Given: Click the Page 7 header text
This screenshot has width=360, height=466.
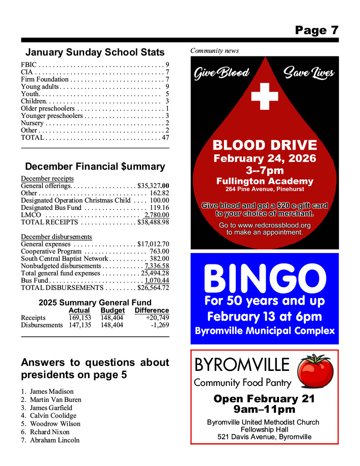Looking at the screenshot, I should pyautogui.click(x=316, y=30).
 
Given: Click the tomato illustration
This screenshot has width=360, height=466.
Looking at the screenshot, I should pyautogui.click(x=315, y=370).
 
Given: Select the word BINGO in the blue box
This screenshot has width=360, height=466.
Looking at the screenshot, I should pyautogui.click(x=264, y=278).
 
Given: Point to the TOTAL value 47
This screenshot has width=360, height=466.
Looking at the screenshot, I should pyautogui.click(x=165, y=137).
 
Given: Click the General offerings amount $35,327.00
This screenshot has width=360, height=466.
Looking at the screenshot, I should pyautogui.click(x=153, y=186).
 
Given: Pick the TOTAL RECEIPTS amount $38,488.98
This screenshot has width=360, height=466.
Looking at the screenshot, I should pyautogui.click(x=153, y=222).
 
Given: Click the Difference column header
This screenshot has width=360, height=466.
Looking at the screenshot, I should pyautogui.click(x=152, y=310).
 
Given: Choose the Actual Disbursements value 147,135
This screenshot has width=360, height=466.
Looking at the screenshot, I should pyautogui.click(x=80, y=325).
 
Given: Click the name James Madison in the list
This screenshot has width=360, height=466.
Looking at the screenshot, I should pyautogui.click(x=51, y=391).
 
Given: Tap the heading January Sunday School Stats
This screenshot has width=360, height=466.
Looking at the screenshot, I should pyautogui.click(x=95, y=52).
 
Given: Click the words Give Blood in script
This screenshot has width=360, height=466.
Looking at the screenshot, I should pyautogui.click(x=222, y=73).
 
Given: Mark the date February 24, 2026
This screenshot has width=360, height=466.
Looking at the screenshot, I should pyautogui.click(x=264, y=159).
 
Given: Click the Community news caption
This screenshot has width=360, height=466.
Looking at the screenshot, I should pyautogui.click(x=214, y=51).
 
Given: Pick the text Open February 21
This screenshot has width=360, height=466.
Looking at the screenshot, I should pyautogui.click(x=264, y=399).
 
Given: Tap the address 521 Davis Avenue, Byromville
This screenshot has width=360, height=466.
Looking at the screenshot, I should pyautogui.click(x=264, y=437).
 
